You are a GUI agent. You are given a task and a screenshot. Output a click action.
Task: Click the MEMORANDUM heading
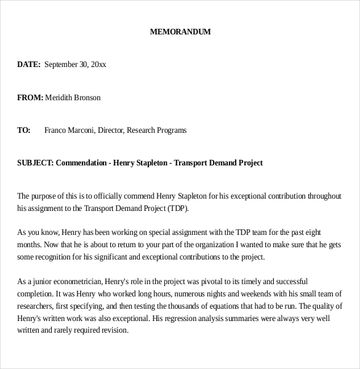[x=180, y=32]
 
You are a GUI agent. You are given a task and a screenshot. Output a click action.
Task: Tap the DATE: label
[x=29, y=65]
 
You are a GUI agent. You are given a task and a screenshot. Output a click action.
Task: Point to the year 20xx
[x=98, y=65]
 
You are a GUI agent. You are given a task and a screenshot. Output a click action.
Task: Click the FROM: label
[x=30, y=98]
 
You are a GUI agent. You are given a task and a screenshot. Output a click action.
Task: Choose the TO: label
[x=24, y=130]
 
